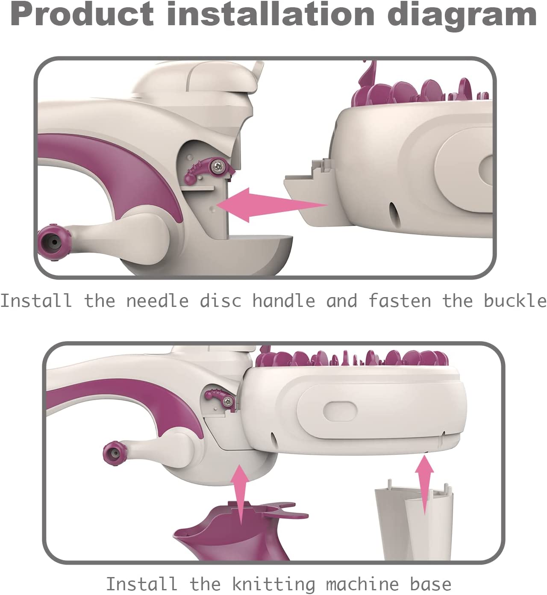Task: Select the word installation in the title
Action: (271, 14)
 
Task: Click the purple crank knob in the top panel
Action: (54, 242)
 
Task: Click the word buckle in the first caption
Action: (515, 301)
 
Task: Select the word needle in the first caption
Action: (158, 301)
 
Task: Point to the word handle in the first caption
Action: (284, 301)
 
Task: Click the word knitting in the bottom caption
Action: (273, 584)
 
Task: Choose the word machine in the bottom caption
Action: (362, 584)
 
